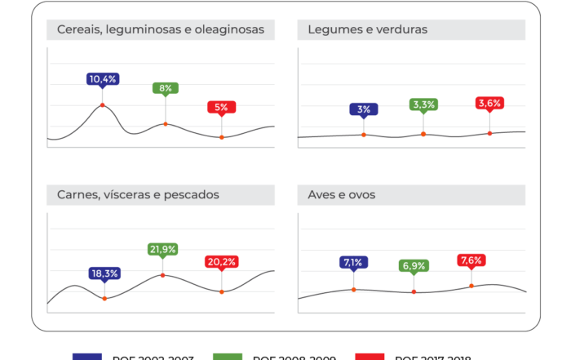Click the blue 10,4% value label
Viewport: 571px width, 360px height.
pos(103,79)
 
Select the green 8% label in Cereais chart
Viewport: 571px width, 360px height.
pos(166,88)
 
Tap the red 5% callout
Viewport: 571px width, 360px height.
pos(221,107)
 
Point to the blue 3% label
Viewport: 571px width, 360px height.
pos(364,109)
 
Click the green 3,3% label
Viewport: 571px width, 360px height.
pos(423,104)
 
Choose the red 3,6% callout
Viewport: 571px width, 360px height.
pos(489,103)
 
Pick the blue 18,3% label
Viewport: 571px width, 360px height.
pos(104,273)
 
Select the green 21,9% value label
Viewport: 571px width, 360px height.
pos(162,249)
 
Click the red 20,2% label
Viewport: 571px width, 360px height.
pos(221,262)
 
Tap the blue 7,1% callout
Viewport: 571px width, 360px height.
pos(353,262)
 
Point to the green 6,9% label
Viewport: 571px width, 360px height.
pos(414,266)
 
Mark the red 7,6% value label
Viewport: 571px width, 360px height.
pos(471,260)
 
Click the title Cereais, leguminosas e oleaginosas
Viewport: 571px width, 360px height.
pos(161,30)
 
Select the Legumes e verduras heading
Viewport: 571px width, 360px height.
pos(368,30)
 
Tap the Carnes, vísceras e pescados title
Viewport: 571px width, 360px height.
pos(138,195)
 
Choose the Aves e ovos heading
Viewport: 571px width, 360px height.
pos(342,195)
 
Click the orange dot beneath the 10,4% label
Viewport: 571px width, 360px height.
pos(103,105)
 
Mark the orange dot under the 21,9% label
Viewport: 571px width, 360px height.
pos(162,275)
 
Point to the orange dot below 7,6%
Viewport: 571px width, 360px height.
pos(471,286)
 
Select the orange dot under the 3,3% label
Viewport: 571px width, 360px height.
pos(423,134)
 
